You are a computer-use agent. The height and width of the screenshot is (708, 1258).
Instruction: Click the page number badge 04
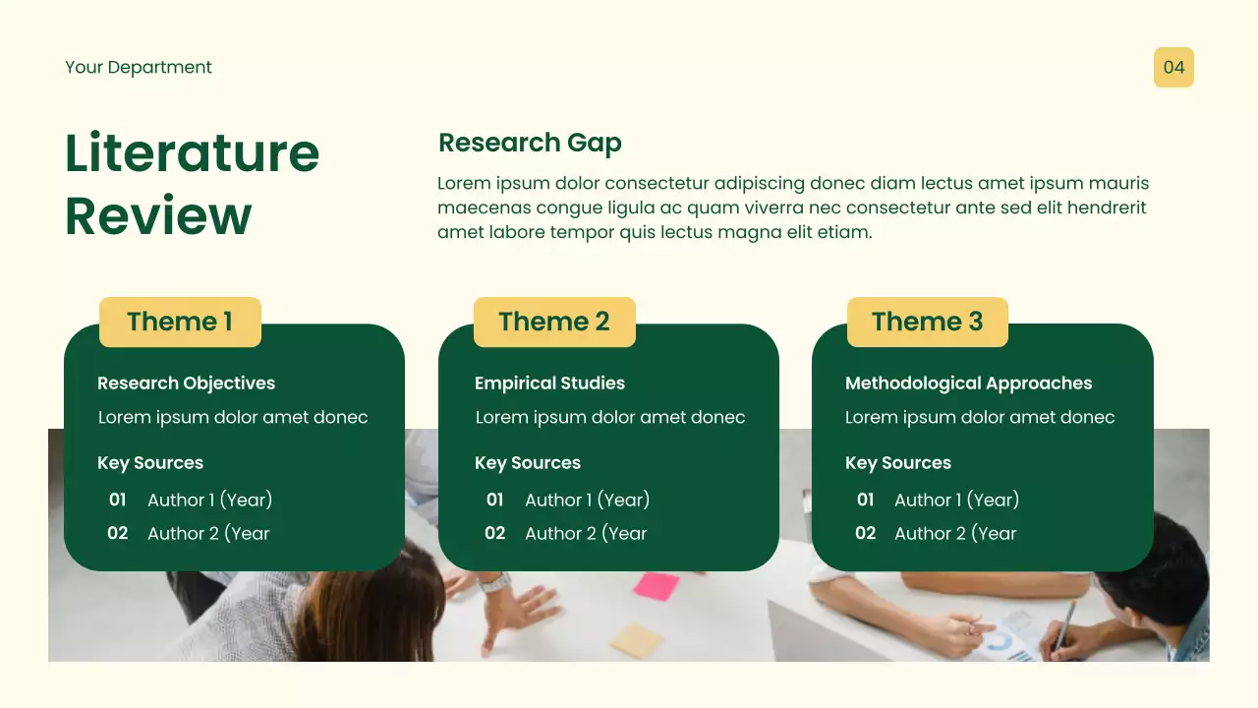click(x=1173, y=67)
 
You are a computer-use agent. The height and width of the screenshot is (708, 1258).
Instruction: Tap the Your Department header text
click(x=139, y=67)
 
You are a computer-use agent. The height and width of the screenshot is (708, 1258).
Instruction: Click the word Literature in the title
click(x=192, y=153)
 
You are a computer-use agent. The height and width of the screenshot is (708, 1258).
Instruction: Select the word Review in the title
click(x=158, y=215)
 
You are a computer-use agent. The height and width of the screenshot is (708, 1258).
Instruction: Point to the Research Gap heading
click(x=530, y=143)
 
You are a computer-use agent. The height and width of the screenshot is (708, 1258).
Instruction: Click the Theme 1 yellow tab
click(x=180, y=322)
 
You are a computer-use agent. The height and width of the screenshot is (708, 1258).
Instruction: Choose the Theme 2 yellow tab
click(x=554, y=322)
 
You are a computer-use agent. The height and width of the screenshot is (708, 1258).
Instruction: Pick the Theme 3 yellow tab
click(x=927, y=322)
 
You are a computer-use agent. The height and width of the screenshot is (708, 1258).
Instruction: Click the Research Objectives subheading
click(x=186, y=383)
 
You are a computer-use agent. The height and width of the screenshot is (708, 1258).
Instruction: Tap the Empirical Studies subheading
click(x=549, y=383)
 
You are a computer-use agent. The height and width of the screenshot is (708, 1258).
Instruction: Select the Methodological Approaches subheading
click(x=968, y=383)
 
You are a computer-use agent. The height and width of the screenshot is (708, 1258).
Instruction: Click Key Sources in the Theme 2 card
click(x=528, y=463)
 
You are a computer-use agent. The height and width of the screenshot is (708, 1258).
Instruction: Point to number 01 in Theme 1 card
click(x=118, y=500)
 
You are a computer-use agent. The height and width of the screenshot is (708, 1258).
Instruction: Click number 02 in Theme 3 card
click(x=865, y=533)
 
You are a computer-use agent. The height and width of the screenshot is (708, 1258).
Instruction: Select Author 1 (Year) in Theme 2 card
click(x=587, y=500)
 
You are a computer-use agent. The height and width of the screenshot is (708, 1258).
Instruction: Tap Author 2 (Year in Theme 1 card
click(x=208, y=533)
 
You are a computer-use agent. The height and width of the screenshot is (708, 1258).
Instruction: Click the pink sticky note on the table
click(x=656, y=586)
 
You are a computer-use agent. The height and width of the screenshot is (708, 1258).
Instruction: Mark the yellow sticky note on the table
click(x=636, y=640)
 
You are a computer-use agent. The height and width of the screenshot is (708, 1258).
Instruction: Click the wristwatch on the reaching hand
click(x=496, y=582)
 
